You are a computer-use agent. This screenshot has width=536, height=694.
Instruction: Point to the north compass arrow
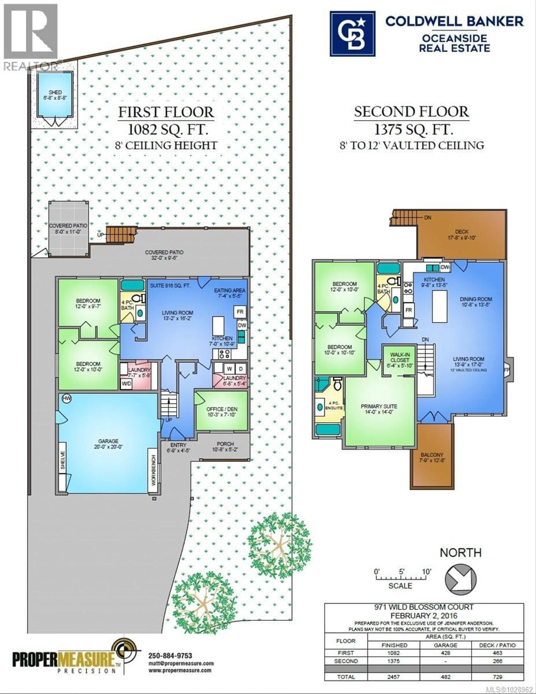460,579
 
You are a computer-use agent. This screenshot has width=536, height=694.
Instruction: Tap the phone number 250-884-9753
170,656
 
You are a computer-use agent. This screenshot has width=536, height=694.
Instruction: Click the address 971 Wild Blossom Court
424,607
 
